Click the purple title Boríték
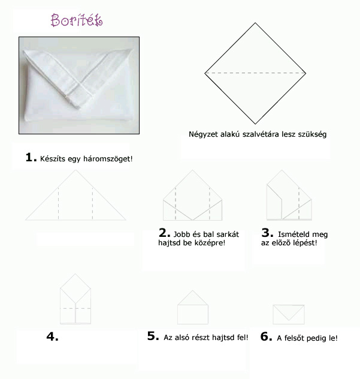click(77, 20)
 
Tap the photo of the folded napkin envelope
click(79, 85)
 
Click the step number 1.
click(31, 157)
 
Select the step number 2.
click(165, 233)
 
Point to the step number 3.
click(267, 233)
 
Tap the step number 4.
click(52, 336)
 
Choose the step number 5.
click(153, 336)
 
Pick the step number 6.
click(267, 336)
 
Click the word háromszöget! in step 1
click(108, 159)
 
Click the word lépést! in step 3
click(305, 243)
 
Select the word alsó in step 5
click(179, 338)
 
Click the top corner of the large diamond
click(255, 23)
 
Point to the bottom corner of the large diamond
click(255, 124)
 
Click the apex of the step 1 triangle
click(75, 170)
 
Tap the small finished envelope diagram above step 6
click(289, 314)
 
